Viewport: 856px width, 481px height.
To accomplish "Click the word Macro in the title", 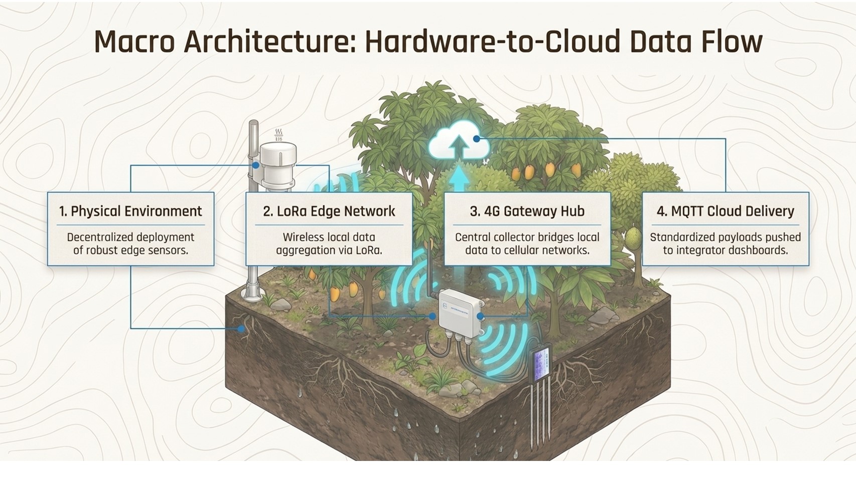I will (134, 42).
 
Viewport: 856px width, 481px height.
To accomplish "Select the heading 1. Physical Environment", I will (130, 211).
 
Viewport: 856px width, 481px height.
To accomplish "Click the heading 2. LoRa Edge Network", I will (329, 211).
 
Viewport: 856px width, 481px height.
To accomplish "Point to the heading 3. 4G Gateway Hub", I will (527, 211).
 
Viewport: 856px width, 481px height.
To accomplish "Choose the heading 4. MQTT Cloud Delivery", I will (725, 211).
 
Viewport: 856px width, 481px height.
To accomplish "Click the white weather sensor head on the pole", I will (278, 163).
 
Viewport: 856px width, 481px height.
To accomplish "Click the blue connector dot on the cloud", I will (476, 139).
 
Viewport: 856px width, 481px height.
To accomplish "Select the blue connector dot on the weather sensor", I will (256, 165).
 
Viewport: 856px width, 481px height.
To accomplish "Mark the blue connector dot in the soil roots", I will (241, 329).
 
